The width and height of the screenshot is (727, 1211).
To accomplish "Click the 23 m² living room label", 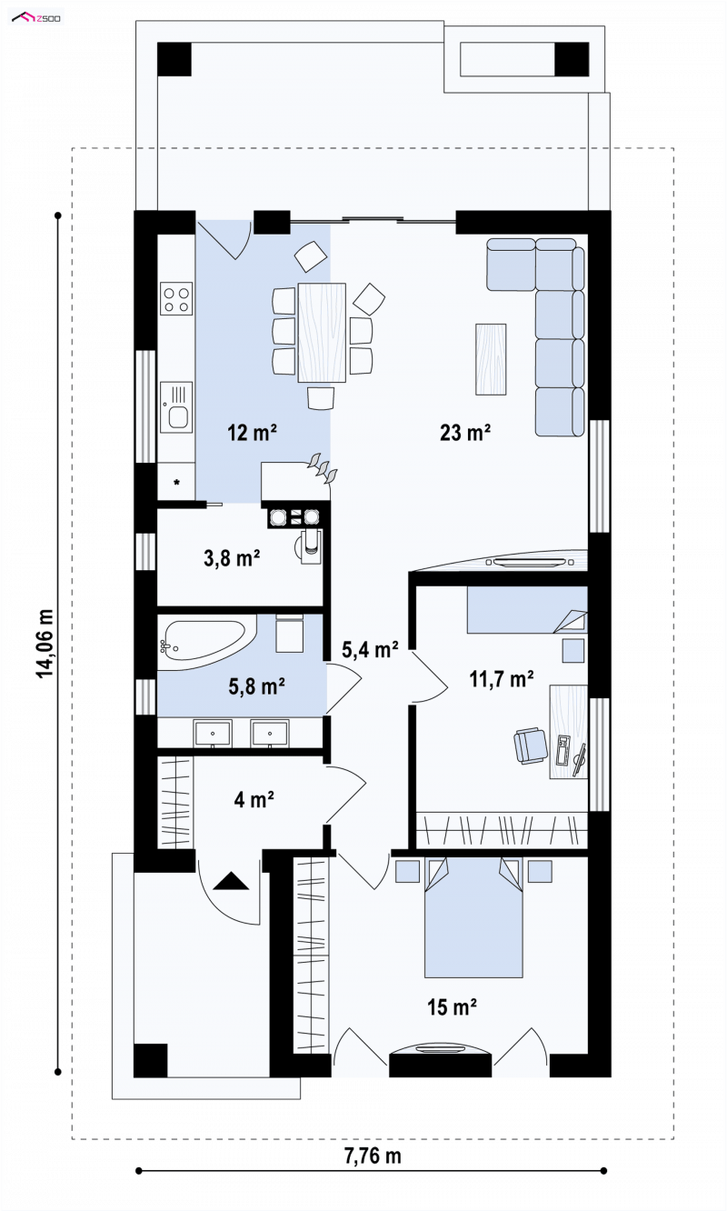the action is coord(465,433).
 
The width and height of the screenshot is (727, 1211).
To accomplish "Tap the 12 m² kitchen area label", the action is coord(252,433).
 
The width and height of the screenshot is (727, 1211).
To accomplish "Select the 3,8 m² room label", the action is coord(232,558).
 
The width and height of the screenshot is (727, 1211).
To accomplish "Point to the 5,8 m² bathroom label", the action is coord(257,686).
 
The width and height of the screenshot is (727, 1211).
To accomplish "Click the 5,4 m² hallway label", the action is coord(370,649).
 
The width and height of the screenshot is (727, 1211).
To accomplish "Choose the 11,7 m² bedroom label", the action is coord(502,678).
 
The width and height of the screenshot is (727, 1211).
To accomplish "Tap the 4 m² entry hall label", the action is coord(254,799).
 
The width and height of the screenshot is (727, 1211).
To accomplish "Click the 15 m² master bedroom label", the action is coord(452,1007).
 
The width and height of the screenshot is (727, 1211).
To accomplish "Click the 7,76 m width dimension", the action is coord(373,1156).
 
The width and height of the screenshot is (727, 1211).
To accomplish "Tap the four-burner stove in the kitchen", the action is coord(176,298).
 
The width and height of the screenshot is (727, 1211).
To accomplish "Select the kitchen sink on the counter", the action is coord(176,407).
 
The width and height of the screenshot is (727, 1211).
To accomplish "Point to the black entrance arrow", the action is coord(231,881).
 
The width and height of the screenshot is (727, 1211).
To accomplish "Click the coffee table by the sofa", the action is coord(491,359).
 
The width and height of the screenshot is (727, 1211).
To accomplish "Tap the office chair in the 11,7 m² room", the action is coord(530,746).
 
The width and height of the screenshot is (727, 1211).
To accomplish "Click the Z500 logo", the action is coord(36,18).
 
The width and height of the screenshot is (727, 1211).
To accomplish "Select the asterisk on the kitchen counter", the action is coord(176,482).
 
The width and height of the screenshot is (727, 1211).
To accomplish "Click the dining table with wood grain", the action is coord(322,333).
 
